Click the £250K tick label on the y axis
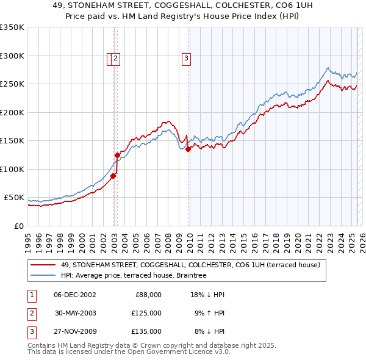coord(12,84)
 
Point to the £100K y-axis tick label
coord(12,169)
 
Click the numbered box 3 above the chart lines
coord(185,59)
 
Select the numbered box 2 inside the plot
coord(117,59)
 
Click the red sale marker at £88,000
coord(113,176)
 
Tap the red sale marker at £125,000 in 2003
coord(118,155)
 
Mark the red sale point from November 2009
coord(188,149)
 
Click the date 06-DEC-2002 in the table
coord(75,295)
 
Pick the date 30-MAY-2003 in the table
coord(75,313)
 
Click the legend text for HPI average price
coord(134,275)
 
